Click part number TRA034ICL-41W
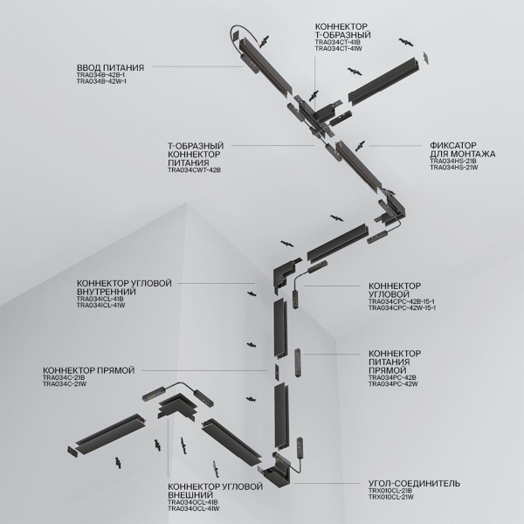click(101, 306)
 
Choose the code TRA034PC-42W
click(395, 384)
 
